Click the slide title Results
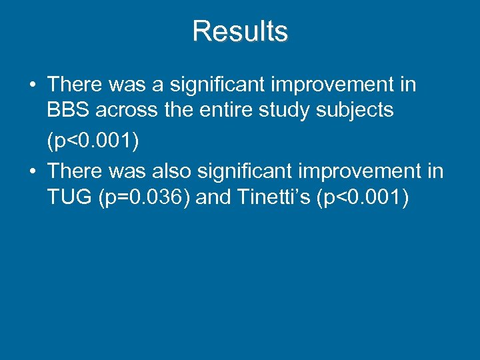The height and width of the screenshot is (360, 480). (x=240, y=31)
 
